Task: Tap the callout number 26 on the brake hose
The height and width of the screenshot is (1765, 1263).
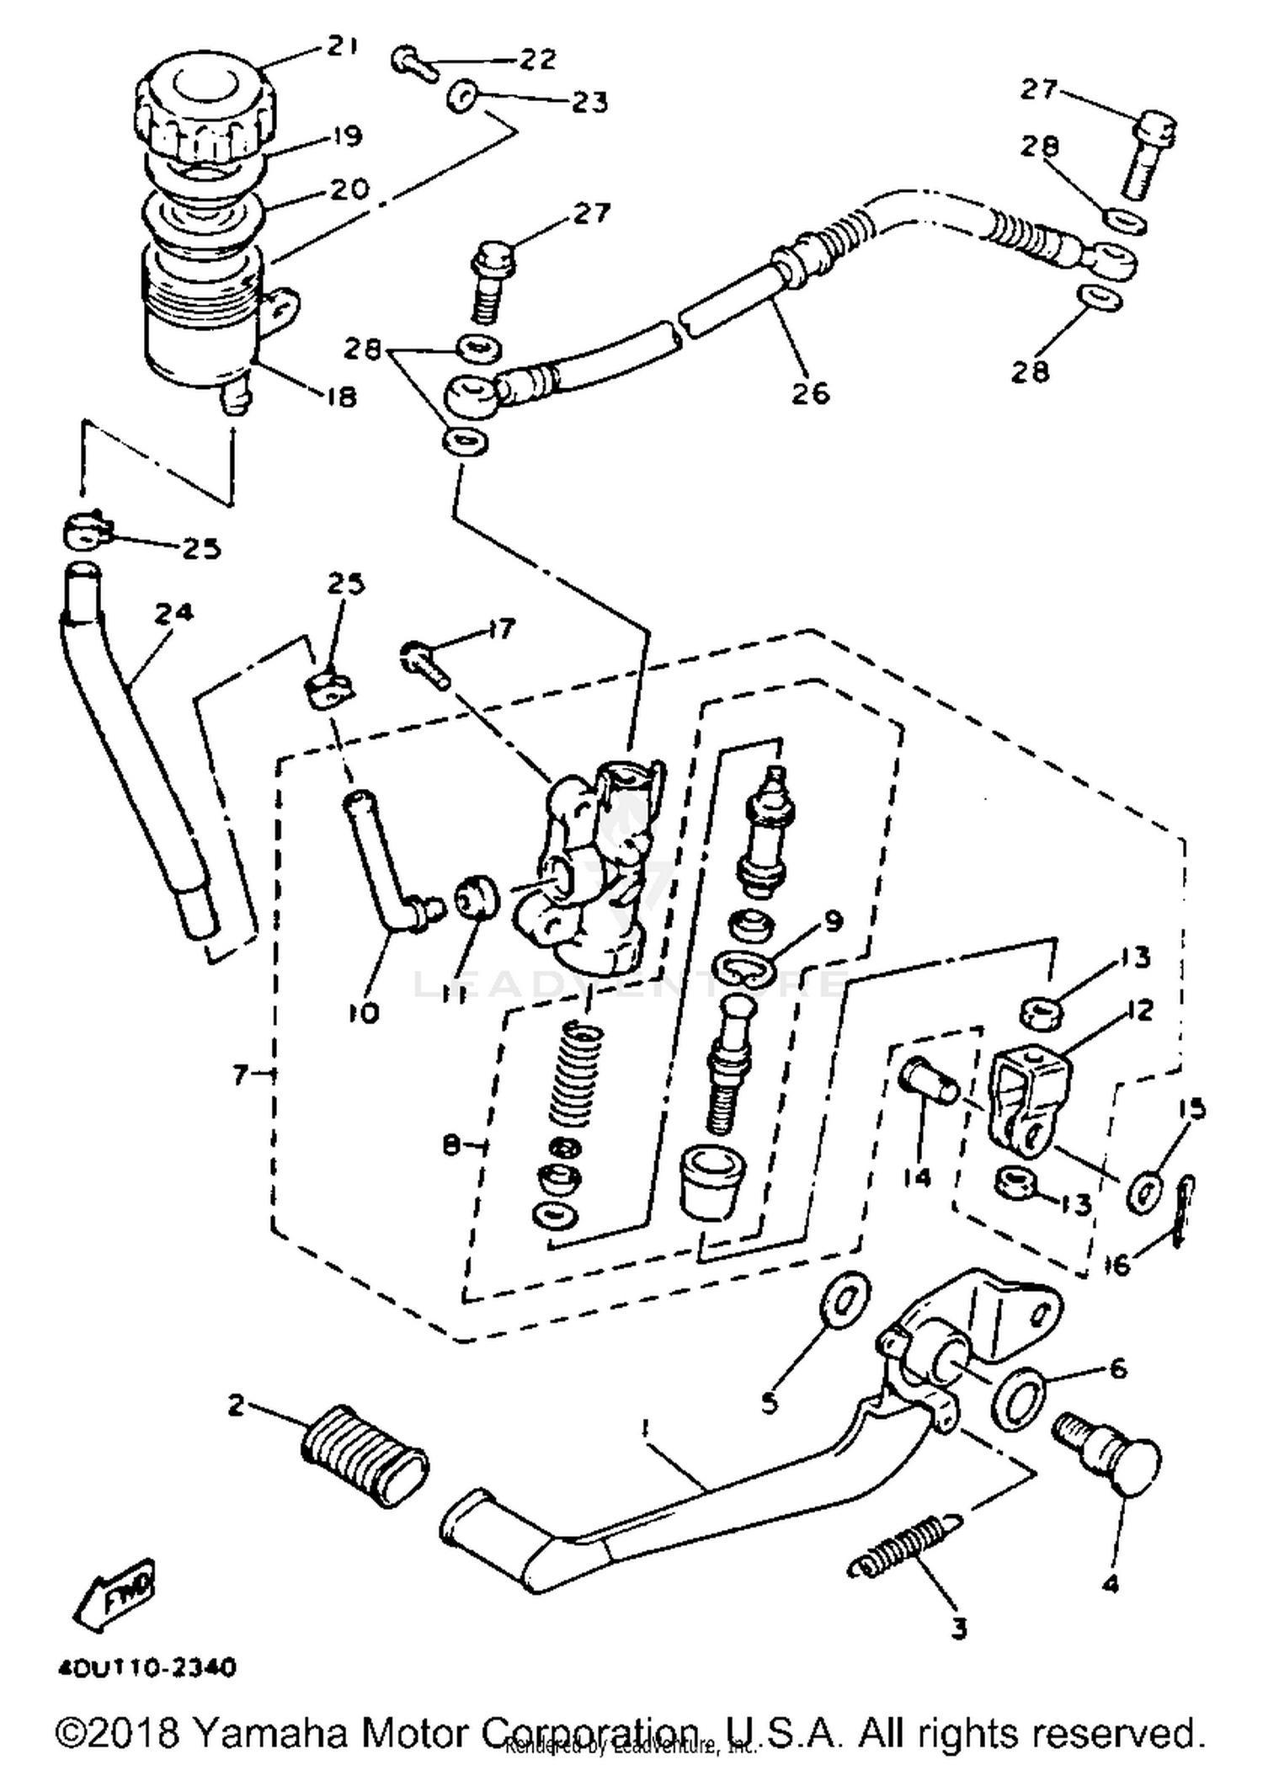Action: pos(810,392)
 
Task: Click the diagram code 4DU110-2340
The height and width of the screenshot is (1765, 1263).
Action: pos(147,1666)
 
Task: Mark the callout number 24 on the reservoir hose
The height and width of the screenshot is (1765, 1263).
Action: pos(173,612)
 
